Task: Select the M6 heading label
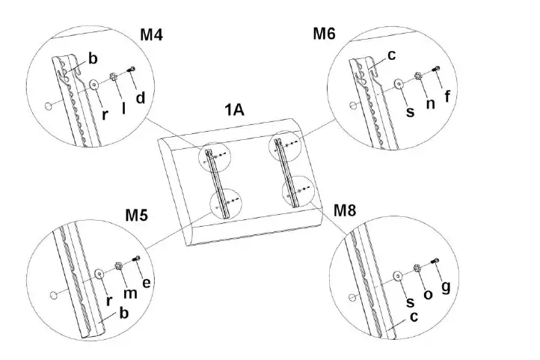click(325, 34)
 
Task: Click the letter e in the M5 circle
click(145, 282)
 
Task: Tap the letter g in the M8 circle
click(447, 288)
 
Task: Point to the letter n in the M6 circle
click(429, 103)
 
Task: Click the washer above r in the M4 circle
click(96, 85)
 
